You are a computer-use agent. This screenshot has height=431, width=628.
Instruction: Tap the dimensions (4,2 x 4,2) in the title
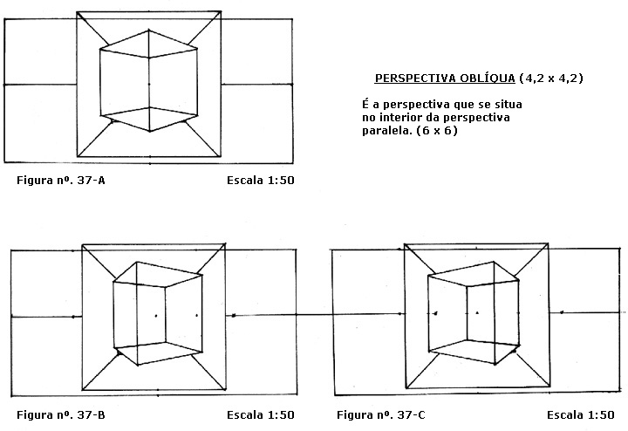pos(550,79)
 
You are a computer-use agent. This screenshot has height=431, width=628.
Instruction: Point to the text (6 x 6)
pos(437,131)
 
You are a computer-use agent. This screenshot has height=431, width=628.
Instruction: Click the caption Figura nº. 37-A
pos(61,181)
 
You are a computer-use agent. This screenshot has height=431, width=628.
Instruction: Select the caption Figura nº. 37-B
pos(61,415)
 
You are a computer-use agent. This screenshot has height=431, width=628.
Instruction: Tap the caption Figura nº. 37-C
pos(381,415)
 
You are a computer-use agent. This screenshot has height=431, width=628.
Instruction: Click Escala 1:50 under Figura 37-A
pos(260,181)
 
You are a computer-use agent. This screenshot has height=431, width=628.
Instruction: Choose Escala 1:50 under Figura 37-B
pos(260,415)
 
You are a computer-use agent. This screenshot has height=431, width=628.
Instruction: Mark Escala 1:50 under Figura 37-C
pos(580,415)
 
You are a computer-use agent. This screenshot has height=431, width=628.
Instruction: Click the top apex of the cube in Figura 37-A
pos(148,30)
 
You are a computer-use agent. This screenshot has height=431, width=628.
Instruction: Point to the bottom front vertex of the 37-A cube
pos(150,131)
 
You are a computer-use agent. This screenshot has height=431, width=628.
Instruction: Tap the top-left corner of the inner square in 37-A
pos(77,12)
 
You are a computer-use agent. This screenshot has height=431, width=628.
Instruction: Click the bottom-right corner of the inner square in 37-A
pos(221,157)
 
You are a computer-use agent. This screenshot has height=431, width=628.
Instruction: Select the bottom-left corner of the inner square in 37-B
pos(82,390)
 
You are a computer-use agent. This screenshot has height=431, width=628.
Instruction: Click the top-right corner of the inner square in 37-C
pos(548,243)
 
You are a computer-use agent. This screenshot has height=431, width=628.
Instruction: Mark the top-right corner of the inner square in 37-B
pos(226,243)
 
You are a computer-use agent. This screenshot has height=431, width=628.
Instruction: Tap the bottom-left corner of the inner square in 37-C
pos(406,387)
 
